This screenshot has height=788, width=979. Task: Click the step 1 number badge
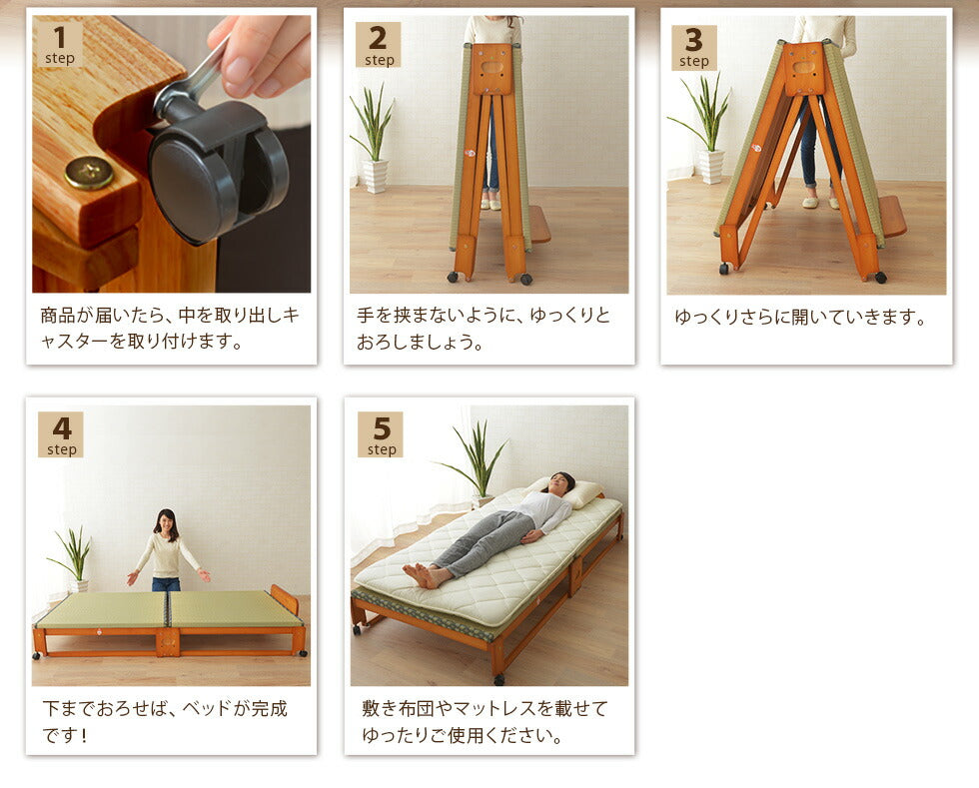coord(60,44)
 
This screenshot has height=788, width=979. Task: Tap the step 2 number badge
coord(378,45)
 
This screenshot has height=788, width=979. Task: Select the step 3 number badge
coord(693,47)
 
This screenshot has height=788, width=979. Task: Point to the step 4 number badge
coord(61,434)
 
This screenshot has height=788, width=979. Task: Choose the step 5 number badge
coord(380,434)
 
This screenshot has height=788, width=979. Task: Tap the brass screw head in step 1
coord(88,173)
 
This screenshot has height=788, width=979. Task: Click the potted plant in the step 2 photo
coord(373,140)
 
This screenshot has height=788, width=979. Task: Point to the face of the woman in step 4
coord(166,522)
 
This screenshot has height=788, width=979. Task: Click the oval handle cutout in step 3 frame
coord(804,68)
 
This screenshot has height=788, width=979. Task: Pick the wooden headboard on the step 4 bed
coord(285,600)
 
